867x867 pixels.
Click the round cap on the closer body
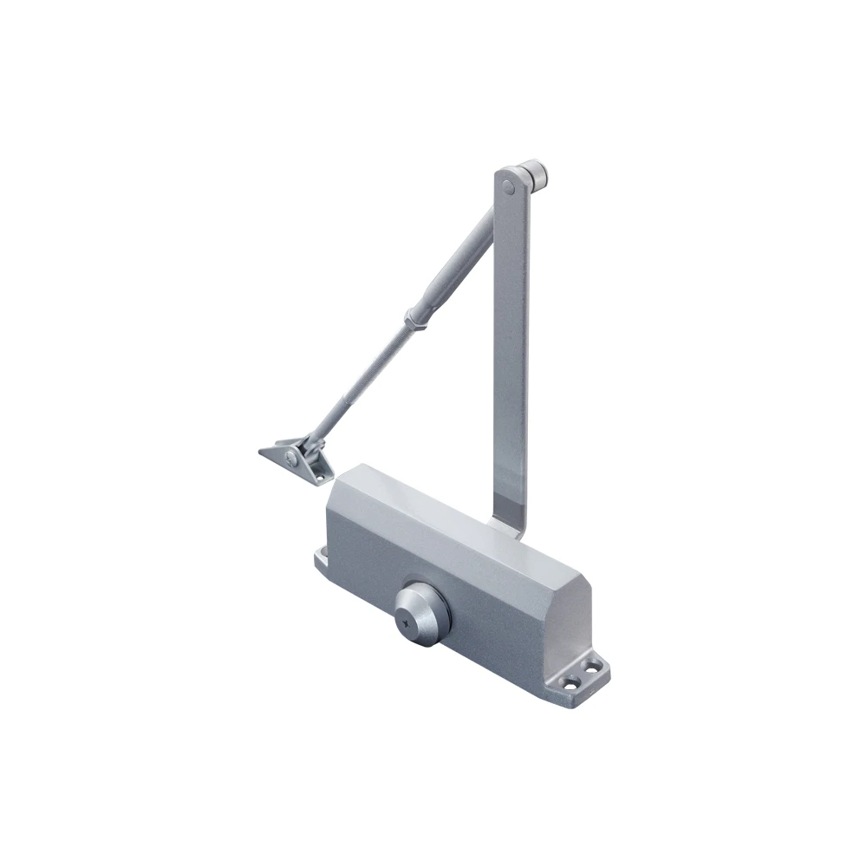[x=422, y=611]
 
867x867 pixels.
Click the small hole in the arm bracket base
[x=318, y=474]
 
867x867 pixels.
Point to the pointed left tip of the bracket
[x=262, y=452]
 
